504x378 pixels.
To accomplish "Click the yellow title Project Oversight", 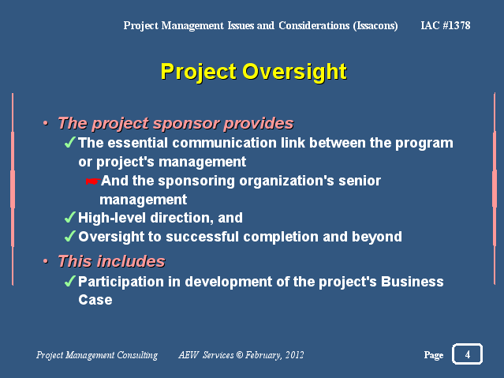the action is pos(254,72).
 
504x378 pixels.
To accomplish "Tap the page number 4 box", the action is pos(467,354).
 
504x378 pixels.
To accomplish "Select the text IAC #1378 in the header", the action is pos(446,25).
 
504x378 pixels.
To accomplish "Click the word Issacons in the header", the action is pos(375,26).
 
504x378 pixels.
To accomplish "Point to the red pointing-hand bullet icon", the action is pos(93,182).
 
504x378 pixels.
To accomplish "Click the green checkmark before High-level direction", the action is pos(70,218).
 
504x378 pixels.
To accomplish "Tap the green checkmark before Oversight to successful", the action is pos(70,236).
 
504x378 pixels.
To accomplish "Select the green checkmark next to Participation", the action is pos(70,281).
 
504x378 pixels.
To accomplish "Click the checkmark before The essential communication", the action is pos(70,142).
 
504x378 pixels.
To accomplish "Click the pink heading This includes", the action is pos(111,261).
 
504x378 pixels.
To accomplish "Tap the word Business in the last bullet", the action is pos(413,282).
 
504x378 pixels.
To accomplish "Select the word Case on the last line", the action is pos(95,300).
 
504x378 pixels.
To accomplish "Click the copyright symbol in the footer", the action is pos(240,355).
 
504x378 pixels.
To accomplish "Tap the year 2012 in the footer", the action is pos(294,355).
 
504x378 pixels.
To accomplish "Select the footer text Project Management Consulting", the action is pos(97,355).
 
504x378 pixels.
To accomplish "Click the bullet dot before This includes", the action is pos(46,261).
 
